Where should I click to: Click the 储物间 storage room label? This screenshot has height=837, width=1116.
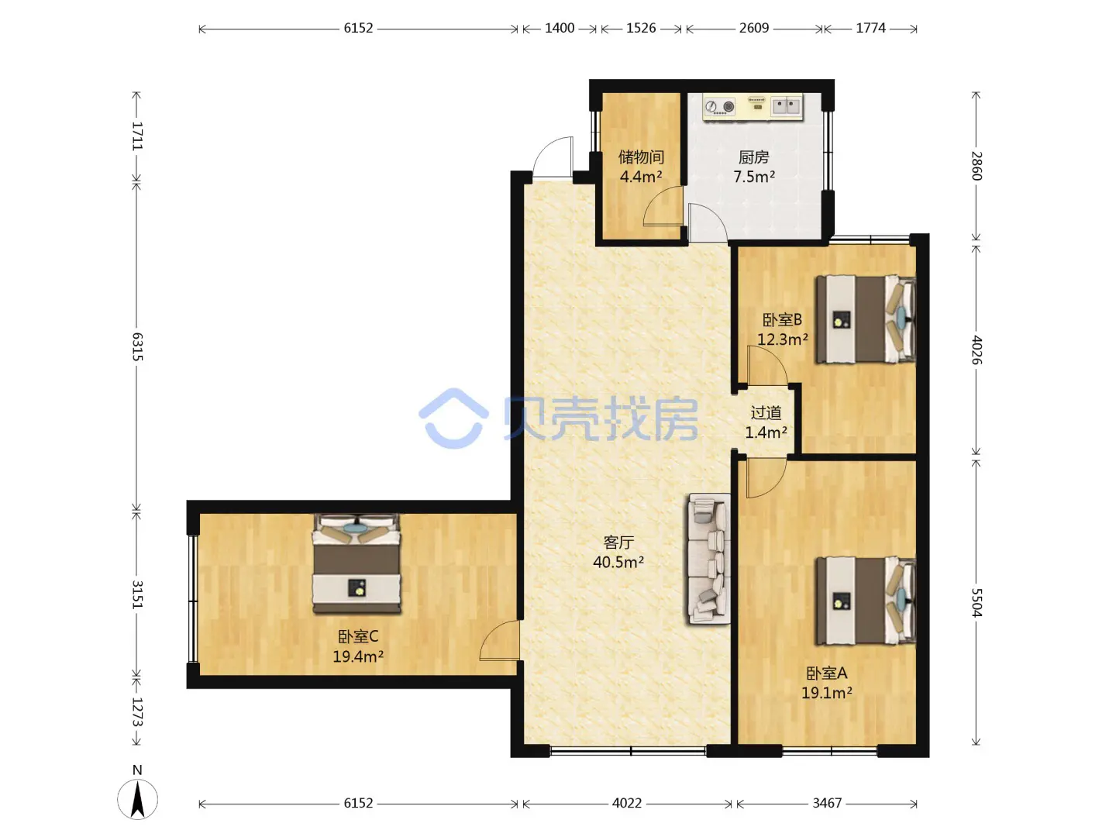click(641, 157)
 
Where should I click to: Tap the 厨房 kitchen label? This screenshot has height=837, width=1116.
click(753, 157)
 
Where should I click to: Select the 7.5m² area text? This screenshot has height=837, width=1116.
click(753, 177)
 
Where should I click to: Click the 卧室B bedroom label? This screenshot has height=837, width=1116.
click(782, 319)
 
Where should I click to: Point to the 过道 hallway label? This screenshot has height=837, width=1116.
click(766, 412)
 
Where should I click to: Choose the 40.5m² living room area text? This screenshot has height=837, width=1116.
click(618, 562)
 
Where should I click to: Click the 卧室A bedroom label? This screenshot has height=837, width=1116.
click(827, 673)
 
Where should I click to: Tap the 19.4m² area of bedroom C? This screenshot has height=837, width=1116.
click(358, 656)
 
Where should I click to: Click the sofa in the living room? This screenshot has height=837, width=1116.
click(709, 559)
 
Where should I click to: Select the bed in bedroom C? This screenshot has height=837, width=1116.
click(356, 563)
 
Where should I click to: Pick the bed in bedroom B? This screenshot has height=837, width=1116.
click(866, 319)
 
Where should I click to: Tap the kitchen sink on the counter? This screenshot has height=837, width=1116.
click(786, 106)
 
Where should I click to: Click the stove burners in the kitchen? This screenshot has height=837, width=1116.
click(720, 107)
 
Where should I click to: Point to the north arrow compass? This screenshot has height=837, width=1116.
click(137, 799)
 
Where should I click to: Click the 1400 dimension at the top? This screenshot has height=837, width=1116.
click(560, 28)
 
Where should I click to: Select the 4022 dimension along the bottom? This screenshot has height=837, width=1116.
click(627, 803)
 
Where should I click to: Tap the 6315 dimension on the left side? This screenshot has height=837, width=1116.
click(137, 346)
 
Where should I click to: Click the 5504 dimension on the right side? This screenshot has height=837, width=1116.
click(976, 602)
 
